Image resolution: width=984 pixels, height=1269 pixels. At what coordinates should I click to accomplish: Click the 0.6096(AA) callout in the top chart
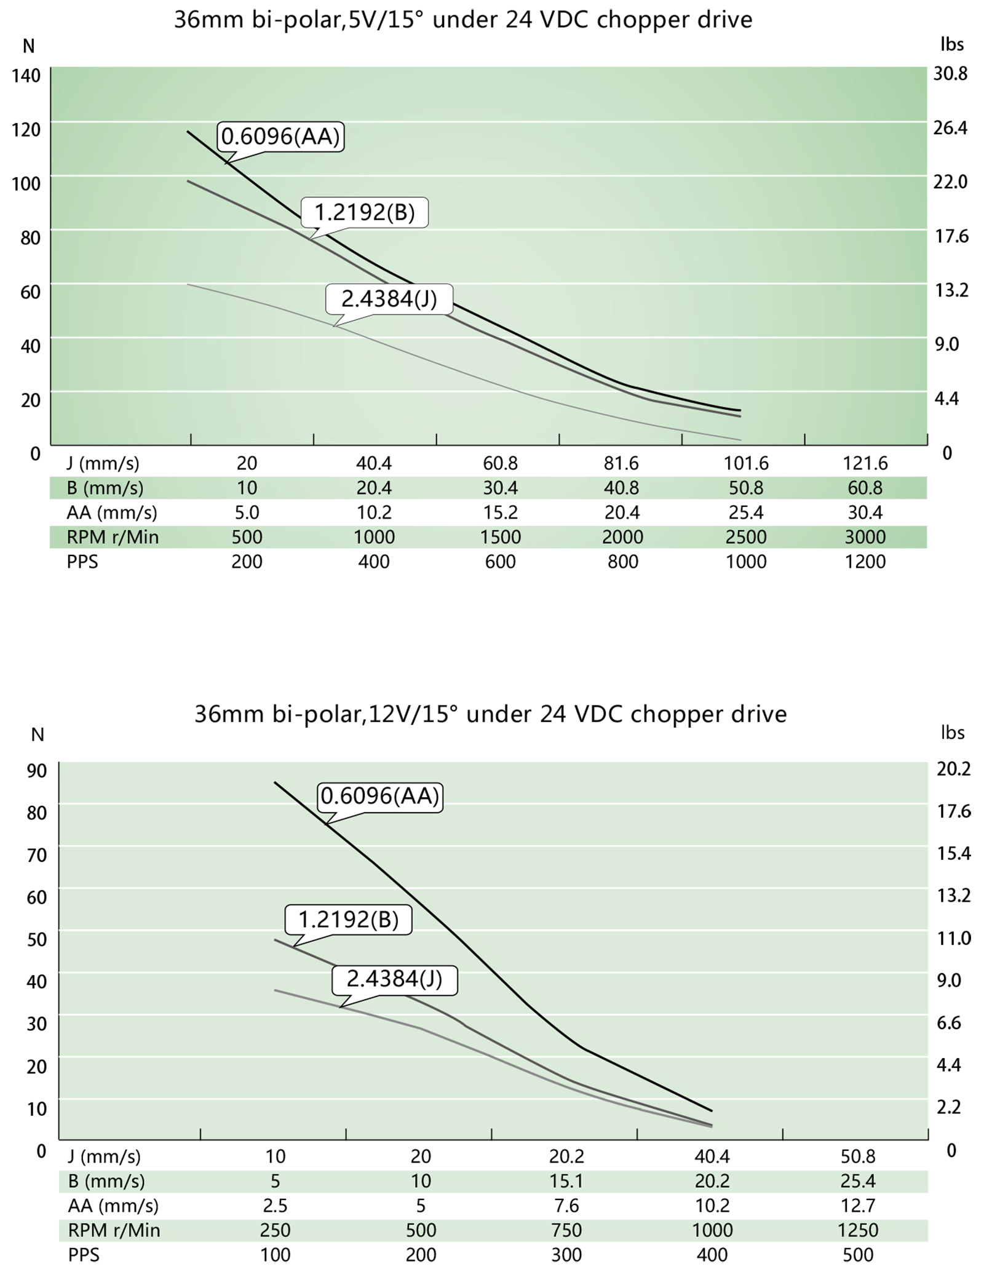(280, 137)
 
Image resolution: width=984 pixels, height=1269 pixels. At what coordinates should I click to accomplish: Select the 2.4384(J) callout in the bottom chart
(394, 978)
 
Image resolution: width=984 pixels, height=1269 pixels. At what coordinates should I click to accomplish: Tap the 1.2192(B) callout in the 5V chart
(365, 212)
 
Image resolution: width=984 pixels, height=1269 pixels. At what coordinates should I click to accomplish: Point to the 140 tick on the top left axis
(26, 76)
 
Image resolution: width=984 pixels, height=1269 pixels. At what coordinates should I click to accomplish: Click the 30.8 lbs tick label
(950, 74)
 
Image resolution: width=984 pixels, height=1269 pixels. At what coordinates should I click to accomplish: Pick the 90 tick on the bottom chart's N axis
(36, 770)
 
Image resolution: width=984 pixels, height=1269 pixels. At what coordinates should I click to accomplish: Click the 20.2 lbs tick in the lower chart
(953, 768)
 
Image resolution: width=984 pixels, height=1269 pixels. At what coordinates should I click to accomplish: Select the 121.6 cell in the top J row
(865, 463)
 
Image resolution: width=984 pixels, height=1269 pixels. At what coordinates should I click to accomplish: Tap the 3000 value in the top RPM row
(865, 537)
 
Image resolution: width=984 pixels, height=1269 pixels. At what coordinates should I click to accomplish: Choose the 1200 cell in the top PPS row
(865, 562)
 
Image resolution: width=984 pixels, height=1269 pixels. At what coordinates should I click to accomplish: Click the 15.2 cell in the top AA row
(500, 512)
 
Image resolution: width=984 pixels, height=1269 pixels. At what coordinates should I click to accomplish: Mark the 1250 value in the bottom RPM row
(857, 1230)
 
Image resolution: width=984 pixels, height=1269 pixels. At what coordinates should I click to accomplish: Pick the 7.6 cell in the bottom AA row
(566, 1206)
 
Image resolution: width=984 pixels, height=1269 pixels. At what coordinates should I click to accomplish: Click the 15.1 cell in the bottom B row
(566, 1181)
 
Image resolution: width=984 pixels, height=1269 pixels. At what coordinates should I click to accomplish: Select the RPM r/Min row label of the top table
(113, 537)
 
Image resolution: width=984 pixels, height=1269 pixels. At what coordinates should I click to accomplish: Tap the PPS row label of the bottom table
(83, 1255)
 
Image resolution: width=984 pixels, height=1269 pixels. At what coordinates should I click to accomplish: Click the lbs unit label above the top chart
(952, 44)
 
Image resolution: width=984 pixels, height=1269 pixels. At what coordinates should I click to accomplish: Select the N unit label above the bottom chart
(38, 734)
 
